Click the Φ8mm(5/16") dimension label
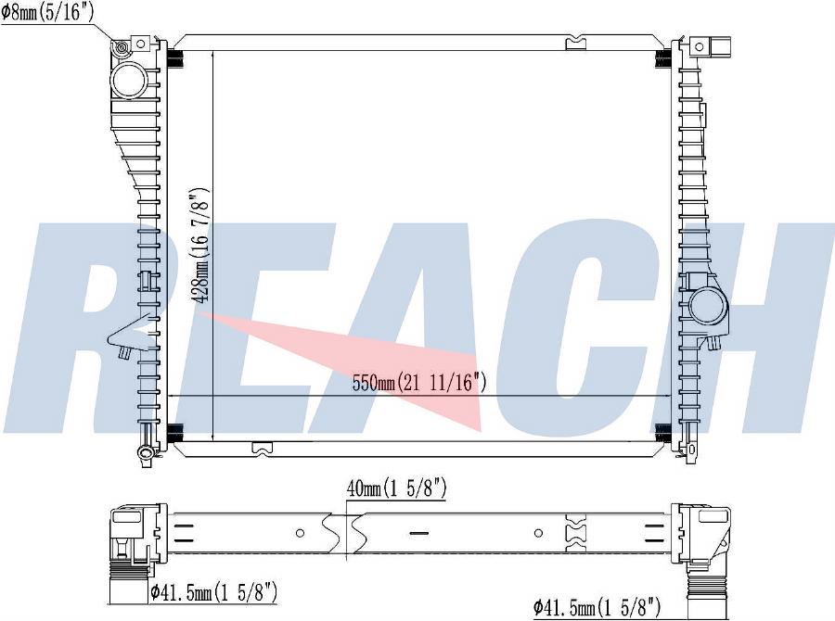pos(47,12)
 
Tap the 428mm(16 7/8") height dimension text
pos(199,246)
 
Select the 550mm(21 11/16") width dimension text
pos(419,382)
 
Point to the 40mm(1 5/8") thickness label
pos(396,488)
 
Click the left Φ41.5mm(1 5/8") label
pos(214,591)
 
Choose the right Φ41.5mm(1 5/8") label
pos(597,606)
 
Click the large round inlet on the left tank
pos(129,80)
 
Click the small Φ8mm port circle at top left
pos(122,49)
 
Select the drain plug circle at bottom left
pos(145,453)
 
